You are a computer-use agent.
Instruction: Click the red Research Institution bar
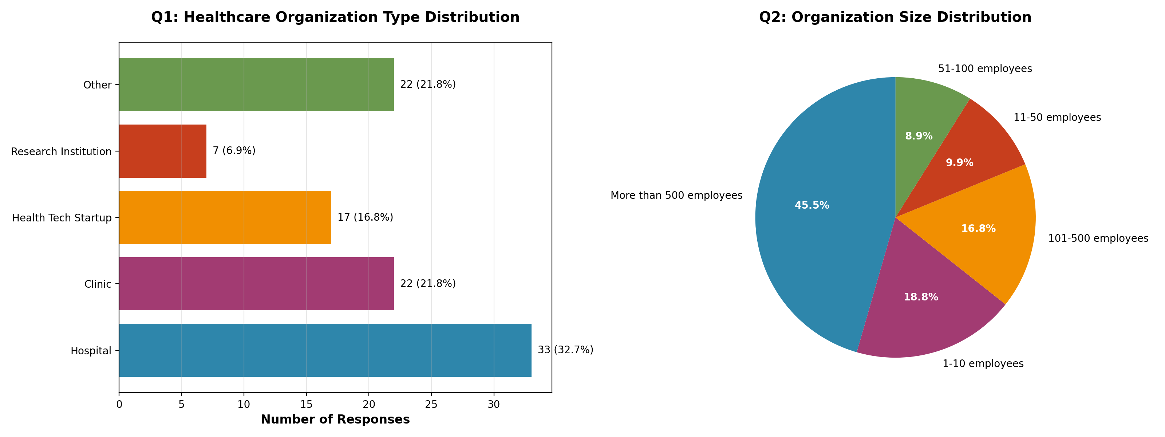click(163, 151)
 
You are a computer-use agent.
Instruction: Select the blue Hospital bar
click(325, 350)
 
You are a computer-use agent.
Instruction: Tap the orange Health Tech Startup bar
click(225, 218)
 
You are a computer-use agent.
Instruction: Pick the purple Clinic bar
click(256, 284)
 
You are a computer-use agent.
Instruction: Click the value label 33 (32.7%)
click(565, 350)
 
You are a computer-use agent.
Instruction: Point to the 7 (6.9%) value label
click(234, 151)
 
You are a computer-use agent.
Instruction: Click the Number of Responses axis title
click(335, 420)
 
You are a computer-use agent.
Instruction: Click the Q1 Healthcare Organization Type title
click(335, 17)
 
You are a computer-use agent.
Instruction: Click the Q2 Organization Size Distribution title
click(895, 17)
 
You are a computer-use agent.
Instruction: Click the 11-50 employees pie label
click(1057, 118)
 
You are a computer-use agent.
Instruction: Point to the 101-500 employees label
click(1098, 239)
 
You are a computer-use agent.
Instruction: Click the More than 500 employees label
click(676, 196)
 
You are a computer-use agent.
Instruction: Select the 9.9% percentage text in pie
click(959, 163)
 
